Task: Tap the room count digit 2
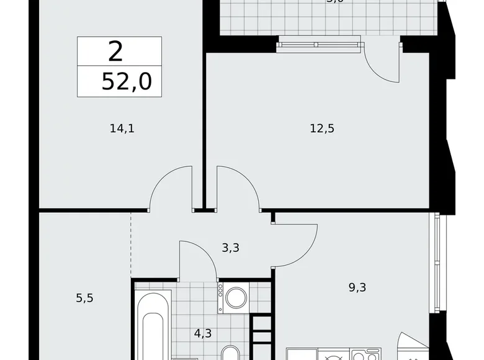tap(115, 51)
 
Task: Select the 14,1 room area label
tap(122, 129)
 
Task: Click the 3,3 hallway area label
tap(230, 248)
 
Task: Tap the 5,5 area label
tap(84, 298)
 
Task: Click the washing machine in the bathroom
tap(236, 298)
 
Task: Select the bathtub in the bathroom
tap(153, 329)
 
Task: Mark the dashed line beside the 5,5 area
tap(131, 245)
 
